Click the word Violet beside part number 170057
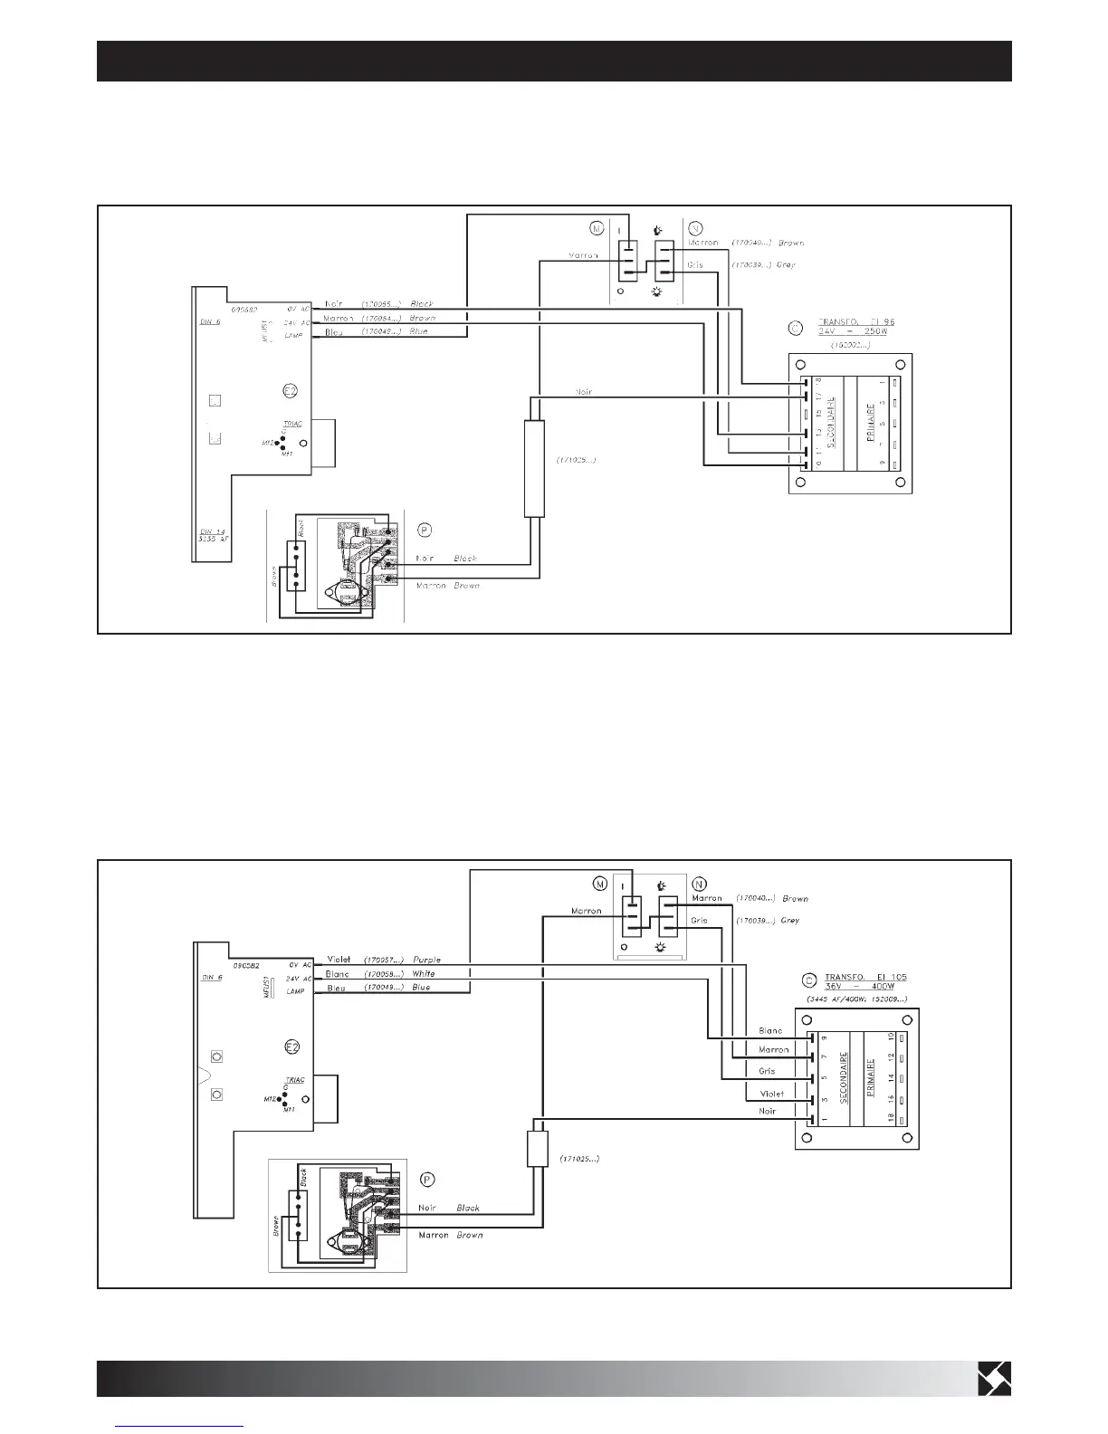tap(339, 959)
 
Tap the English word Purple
tap(426, 959)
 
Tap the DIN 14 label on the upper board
tap(212, 532)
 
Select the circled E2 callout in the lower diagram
tap(292, 1047)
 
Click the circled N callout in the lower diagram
tap(698, 884)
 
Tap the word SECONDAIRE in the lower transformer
tap(844, 1077)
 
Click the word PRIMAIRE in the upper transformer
tap(870, 423)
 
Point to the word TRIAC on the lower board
tap(295, 1080)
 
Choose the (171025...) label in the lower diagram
tap(579, 1159)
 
